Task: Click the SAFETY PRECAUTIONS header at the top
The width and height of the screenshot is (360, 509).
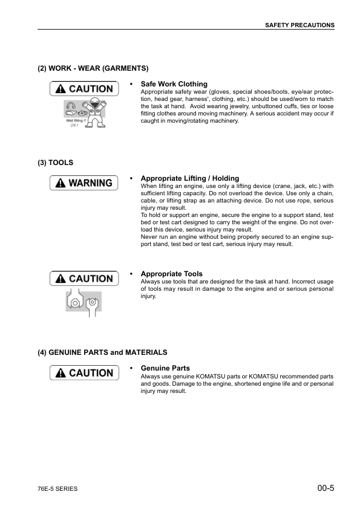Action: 300,25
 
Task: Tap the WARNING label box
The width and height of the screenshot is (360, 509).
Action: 84,183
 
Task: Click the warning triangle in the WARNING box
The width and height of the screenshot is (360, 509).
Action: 61,183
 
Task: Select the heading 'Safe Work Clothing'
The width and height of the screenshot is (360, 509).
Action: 174,84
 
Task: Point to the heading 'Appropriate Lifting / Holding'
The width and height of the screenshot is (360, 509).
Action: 189,178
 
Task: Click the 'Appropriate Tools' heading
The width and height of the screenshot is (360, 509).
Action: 171,274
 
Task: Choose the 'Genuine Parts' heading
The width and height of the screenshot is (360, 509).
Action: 165,368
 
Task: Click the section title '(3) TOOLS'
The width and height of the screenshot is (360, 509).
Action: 56,163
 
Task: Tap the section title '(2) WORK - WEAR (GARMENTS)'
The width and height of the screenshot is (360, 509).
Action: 93,68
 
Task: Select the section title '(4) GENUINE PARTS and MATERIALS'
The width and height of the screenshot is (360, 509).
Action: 102,352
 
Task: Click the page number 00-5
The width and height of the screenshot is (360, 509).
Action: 325,488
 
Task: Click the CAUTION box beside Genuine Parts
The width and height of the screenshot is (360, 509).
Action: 84,373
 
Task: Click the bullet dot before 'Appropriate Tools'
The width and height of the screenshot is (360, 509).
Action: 131,274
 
